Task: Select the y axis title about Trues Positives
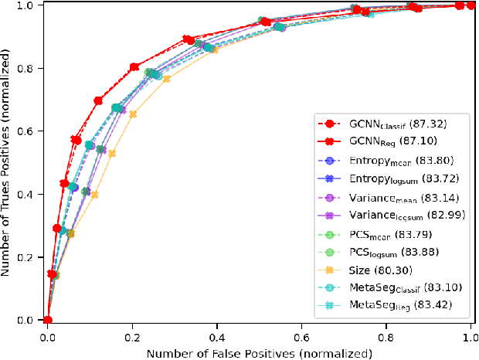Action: pyautogui.click(x=8, y=162)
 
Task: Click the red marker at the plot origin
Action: pyautogui.click(x=48, y=320)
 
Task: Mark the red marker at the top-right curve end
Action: pyautogui.click(x=471, y=5)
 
